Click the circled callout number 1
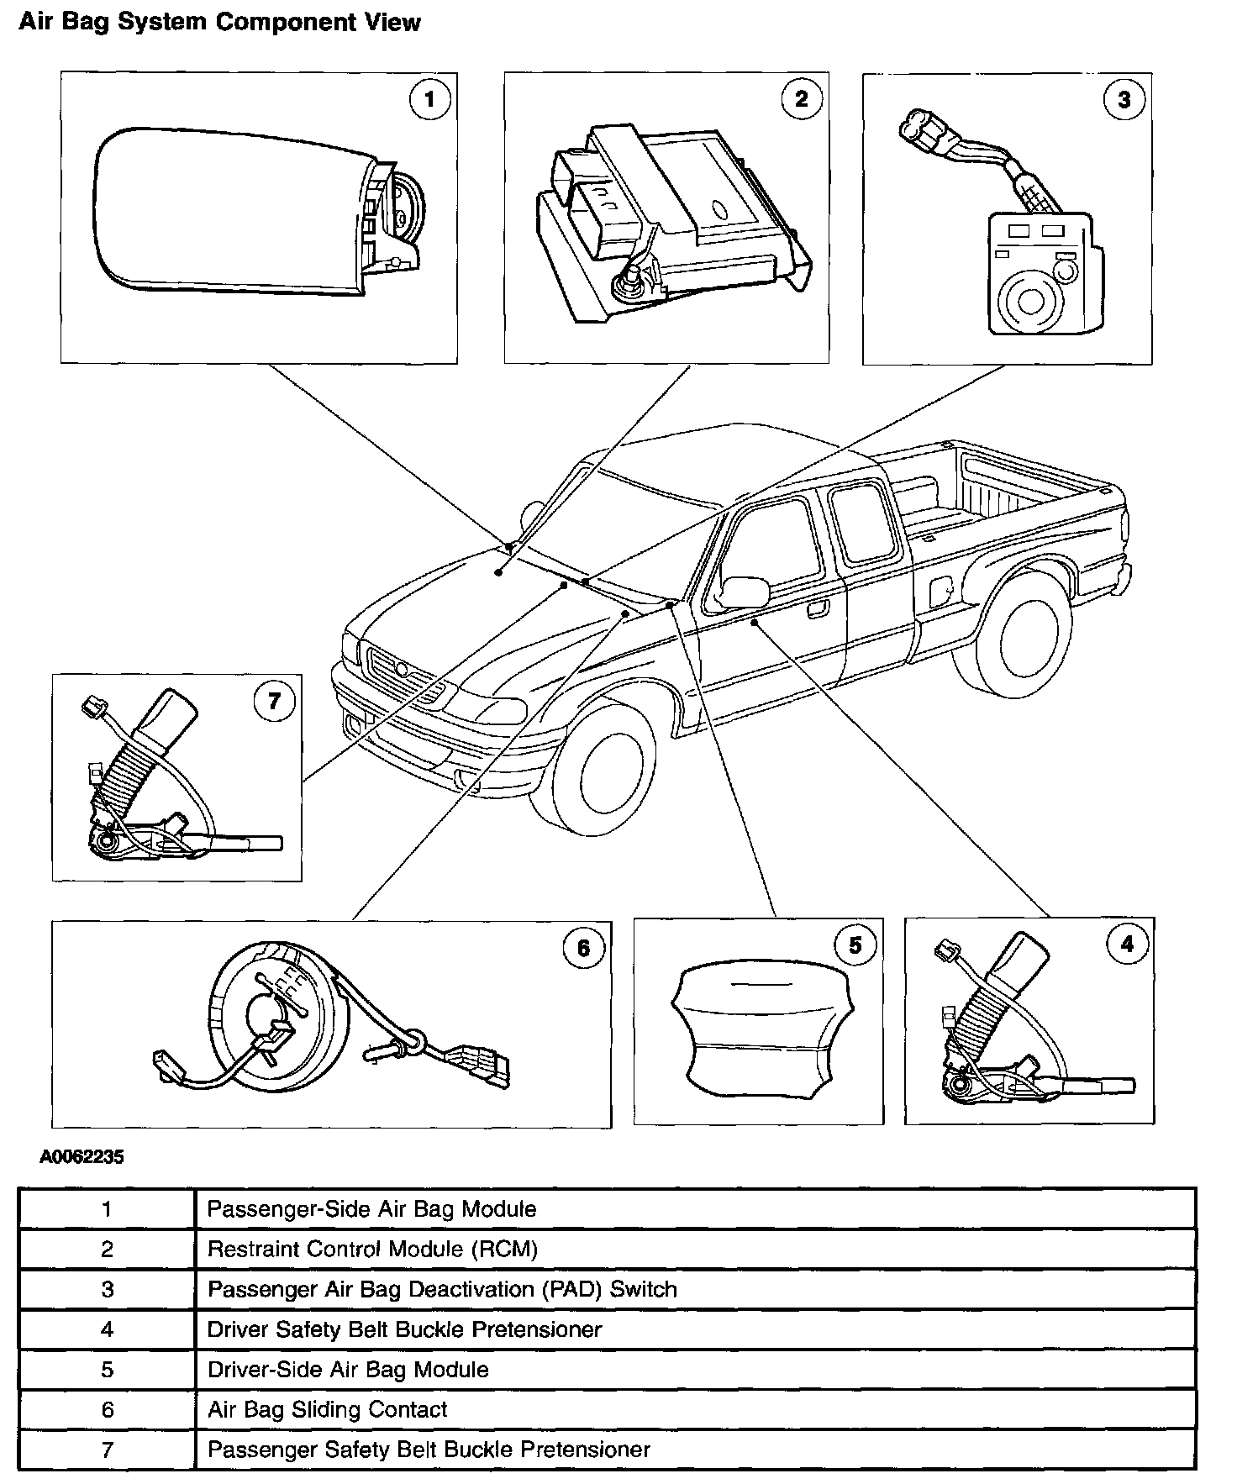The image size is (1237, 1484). pyautogui.click(x=429, y=100)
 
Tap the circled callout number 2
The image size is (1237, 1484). pyautogui.click(x=801, y=99)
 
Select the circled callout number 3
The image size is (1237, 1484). pyautogui.click(x=1124, y=100)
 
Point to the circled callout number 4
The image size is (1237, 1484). pyautogui.click(x=1127, y=945)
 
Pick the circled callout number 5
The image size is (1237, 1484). pyautogui.click(x=855, y=945)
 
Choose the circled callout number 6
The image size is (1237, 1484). pyautogui.click(x=582, y=949)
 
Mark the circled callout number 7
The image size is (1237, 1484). pyautogui.click(x=274, y=700)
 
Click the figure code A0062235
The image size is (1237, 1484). pyautogui.click(x=82, y=1157)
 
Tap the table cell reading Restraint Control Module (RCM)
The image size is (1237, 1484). pyautogui.click(x=372, y=1249)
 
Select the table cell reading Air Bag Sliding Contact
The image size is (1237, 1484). pyautogui.click(x=328, y=1409)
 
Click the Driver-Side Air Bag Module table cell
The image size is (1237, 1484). pyautogui.click(x=348, y=1369)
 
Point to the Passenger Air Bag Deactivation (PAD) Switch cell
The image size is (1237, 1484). pyautogui.click(x=442, y=1289)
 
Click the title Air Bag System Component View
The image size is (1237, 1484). pyautogui.click(x=219, y=22)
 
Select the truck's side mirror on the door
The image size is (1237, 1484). pyautogui.click(x=745, y=591)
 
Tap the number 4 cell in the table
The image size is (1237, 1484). pyautogui.click(x=107, y=1329)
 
